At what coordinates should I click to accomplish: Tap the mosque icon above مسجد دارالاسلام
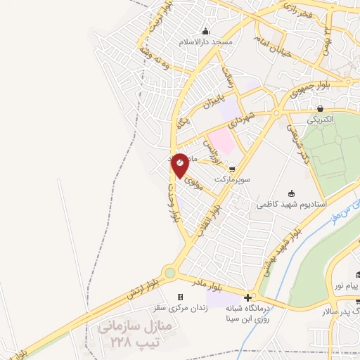(205, 31)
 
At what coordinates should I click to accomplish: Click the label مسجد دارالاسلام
(205, 42)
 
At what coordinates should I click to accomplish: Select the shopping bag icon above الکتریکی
(321, 108)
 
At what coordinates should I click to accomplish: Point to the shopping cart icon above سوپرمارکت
(242, 169)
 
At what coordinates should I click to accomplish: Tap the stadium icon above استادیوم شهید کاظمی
(292, 193)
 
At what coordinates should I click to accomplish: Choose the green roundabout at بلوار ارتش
(169, 273)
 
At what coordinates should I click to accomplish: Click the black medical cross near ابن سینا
(247, 297)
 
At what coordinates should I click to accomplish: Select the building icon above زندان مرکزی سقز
(181, 297)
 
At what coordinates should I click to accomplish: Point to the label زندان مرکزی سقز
(179, 308)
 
